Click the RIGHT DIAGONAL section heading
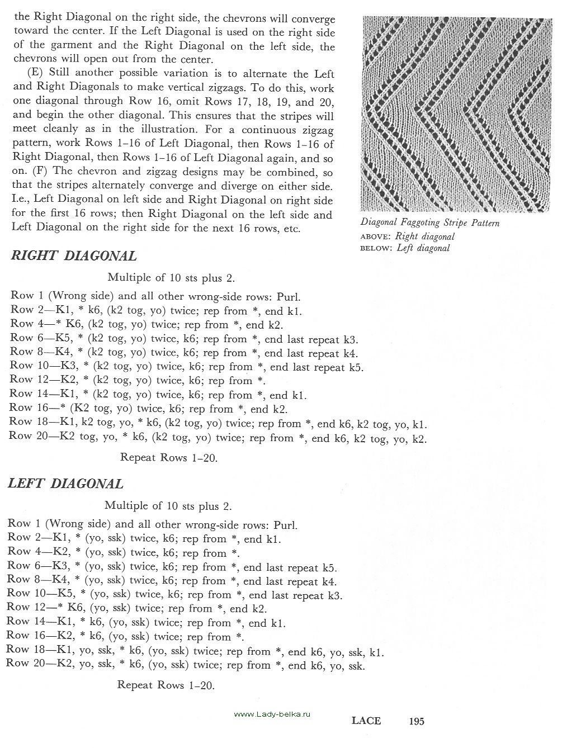[74, 256]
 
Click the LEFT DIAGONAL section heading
[65, 484]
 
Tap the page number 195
[417, 721]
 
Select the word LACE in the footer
[366, 721]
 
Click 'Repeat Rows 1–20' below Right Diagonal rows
[169, 458]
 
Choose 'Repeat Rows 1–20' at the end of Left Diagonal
[166, 685]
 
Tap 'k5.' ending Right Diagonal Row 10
[356, 367]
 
